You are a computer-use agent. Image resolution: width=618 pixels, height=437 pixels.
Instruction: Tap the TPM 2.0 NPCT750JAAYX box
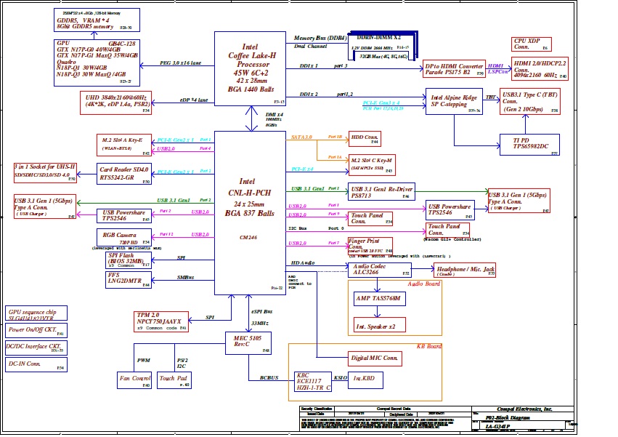click(x=162, y=321)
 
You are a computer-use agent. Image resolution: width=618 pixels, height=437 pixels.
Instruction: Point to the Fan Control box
click(x=134, y=378)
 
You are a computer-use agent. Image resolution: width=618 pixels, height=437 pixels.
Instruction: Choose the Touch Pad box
click(x=174, y=378)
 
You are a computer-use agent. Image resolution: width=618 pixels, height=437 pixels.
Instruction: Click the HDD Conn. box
click(x=365, y=138)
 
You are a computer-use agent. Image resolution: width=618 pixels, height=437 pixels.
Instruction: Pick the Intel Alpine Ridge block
click(x=454, y=101)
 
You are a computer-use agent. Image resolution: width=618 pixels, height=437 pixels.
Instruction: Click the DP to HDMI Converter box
click(x=454, y=69)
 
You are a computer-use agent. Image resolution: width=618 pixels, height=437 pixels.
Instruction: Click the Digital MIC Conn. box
click(x=375, y=358)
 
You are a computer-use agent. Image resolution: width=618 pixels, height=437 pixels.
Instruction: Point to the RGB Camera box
click(x=124, y=237)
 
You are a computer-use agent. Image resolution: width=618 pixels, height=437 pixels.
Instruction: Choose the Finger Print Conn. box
click(x=370, y=244)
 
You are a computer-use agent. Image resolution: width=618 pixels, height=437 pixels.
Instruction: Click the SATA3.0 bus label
click(x=301, y=137)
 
